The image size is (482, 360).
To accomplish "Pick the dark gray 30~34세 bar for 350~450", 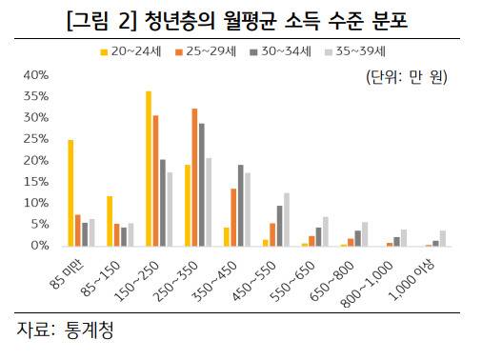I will click(x=241, y=206).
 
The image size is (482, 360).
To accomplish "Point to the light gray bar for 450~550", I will click(x=287, y=219).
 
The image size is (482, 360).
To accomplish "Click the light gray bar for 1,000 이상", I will click(x=442, y=238).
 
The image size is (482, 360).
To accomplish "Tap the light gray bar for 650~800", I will click(x=365, y=234).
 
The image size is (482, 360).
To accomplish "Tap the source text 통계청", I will click(x=95, y=330).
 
